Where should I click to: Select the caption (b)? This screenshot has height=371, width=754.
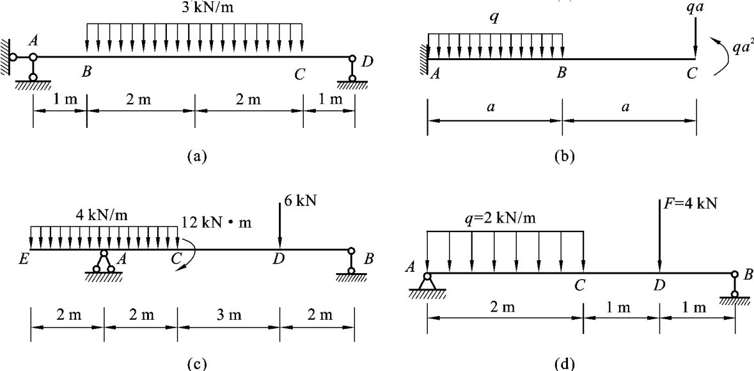coord(562,155)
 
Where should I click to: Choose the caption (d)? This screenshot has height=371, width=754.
coord(562,363)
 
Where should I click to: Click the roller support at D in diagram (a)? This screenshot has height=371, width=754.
coord(352,70)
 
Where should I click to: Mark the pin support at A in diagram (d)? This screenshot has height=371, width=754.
coord(428,282)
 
